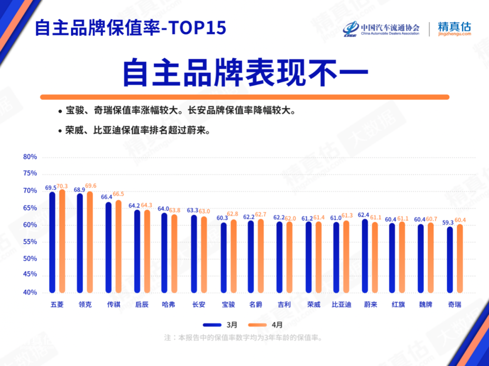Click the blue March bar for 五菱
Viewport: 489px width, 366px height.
pyautogui.click(x=53, y=242)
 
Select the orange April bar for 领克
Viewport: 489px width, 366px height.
pyautogui.click(x=90, y=242)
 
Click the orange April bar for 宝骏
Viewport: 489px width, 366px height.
pyautogui.click(x=234, y=256)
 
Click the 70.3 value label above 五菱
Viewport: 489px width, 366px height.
pyautogui.click(x=62, y=186)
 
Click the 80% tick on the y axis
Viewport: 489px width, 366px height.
pyautogui.click(x=30, y=157)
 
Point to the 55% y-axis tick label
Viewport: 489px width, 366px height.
pyautogui.click(x=30, y=242)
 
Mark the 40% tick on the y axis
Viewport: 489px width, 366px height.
pyautogui.click(x=30, y=293)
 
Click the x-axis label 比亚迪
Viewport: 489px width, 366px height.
pyautogui.click(x=341, y=305)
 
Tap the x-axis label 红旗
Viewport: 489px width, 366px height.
pyautogui.click(x=398, y=305)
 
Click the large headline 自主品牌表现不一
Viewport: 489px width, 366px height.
pyautogui.click(x=244, y=72)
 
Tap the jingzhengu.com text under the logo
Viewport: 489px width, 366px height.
pyautogui.click(x=454, y=34)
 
